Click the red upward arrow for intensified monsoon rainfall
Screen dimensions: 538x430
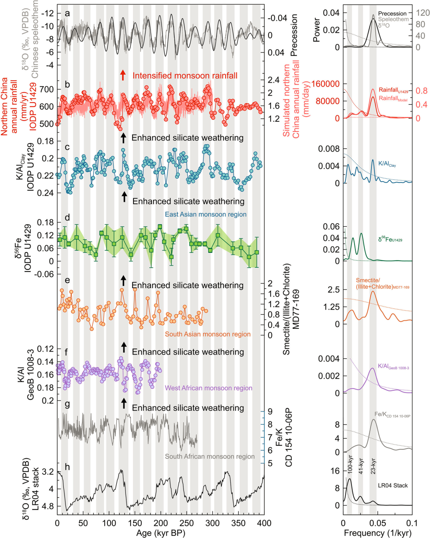pyautogui.click(x=123, y=75)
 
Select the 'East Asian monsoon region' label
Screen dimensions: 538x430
pyautogui.click(x=205, y=214)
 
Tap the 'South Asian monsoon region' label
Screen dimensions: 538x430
pyautogui.click(x=207, y=334)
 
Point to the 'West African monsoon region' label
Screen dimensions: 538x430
pyautogui.click(x=208, y=388)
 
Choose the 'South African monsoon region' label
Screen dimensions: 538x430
pyautogui.click(x=209, y=457)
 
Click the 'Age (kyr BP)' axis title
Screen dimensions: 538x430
pyautogui.click(x=161, y=532)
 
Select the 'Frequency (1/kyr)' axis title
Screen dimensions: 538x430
pyautogui.click(x=377, y=532)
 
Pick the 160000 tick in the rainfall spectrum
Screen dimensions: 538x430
pyautogui.click(x=326, y=84)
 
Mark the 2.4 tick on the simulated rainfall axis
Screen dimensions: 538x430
pyautogui.click(x=274, y=80)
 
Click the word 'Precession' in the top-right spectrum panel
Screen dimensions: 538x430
pyautogui.click(x=392, y=14)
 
